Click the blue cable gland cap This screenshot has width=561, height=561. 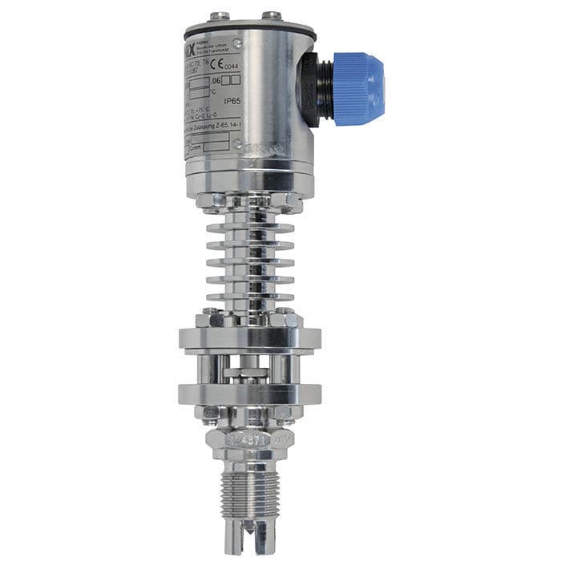[x=358, y=78]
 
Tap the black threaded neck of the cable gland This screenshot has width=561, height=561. [x=315, y=80]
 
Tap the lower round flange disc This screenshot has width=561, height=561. [x=249, y=394]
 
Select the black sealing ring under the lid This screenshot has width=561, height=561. [x=249, y=32]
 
